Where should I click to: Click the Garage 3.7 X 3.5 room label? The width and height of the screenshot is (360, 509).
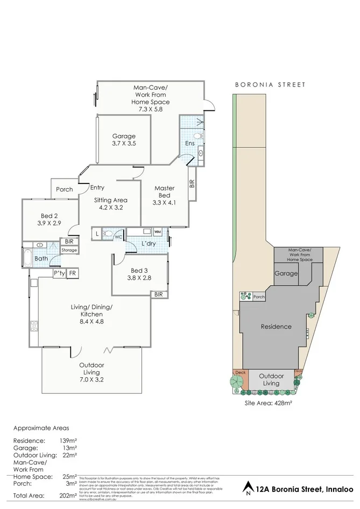pos(124,140)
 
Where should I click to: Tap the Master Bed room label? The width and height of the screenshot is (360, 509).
pos(165,192)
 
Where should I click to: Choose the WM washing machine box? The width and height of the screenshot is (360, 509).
pos(158,231)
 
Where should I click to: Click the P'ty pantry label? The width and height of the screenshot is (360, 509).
pos(59,274)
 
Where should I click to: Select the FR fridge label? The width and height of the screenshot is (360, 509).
pos(72,274)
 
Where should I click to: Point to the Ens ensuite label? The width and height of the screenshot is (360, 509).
pos(190,144)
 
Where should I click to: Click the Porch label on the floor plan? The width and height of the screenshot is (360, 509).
pos(65,189)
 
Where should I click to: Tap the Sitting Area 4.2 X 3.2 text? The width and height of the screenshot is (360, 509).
pos(110,203)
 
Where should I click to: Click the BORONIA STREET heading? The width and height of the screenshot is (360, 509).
pos(270,84)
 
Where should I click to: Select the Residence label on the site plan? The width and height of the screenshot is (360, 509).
pos(276,327)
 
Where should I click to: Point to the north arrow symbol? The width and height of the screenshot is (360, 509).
pos(248,487)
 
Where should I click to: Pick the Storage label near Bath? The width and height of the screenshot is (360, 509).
pos(69,250)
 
